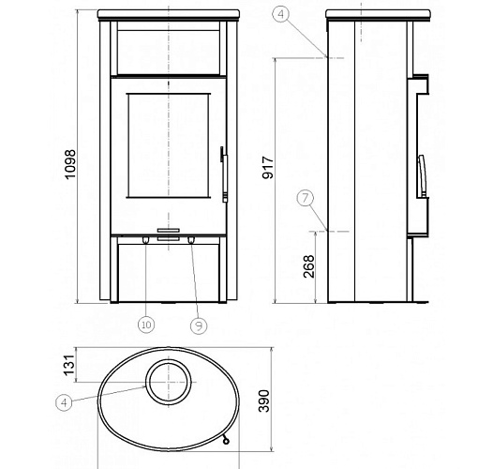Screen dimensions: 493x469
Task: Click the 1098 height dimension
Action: tap(70, 164)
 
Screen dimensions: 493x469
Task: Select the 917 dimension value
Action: tap(268, 168)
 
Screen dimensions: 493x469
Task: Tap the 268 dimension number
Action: tap(308, 266)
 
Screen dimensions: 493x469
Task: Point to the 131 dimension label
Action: tap(69, 365)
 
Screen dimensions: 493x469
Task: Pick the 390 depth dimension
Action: tap(263, 401)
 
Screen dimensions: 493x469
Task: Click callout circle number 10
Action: tap(146, 325)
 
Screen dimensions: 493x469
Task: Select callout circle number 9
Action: tap(199, 325)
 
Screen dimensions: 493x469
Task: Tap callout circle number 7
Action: tap(306, 198)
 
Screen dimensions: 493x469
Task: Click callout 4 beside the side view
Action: tap(281, 14)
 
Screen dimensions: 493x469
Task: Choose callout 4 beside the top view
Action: tap(64, 402)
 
